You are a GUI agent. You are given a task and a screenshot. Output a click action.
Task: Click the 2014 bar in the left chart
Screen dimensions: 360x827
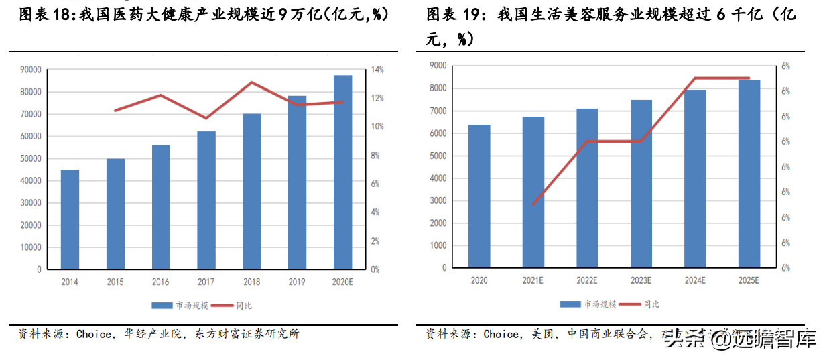(x=70, y=219)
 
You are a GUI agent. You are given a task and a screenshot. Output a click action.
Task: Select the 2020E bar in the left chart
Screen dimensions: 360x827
(x=342, y=172)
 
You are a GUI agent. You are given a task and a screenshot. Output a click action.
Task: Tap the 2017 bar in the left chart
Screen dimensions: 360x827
(x=206, y=200)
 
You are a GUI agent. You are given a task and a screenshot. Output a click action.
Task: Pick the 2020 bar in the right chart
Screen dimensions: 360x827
(x=479, y=196)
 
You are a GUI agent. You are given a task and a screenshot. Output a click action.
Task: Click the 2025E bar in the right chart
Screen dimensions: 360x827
(x=749, y=174)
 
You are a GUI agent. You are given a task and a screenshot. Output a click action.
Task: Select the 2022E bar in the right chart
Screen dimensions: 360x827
(x=587, y=188)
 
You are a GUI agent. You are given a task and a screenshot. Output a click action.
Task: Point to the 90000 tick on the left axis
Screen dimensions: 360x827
(x=31, y=70)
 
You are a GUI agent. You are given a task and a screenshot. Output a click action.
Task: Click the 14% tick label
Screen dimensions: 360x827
(x=377, y=70)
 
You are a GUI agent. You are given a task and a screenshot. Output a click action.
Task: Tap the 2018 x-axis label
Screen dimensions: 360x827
(x=251, y=282)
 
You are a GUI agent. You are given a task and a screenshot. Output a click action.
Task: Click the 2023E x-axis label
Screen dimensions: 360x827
(x=641, y=280)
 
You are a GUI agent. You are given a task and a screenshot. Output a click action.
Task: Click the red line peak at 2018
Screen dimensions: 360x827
(x=251, y=82)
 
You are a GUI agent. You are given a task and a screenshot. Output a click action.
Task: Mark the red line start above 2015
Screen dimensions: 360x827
(x=115, y=111)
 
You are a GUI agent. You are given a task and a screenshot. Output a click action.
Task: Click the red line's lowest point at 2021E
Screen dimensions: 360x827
(x=533, y=204)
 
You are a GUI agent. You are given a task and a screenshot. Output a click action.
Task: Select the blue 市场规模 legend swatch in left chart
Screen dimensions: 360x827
(x=163, y=306)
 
